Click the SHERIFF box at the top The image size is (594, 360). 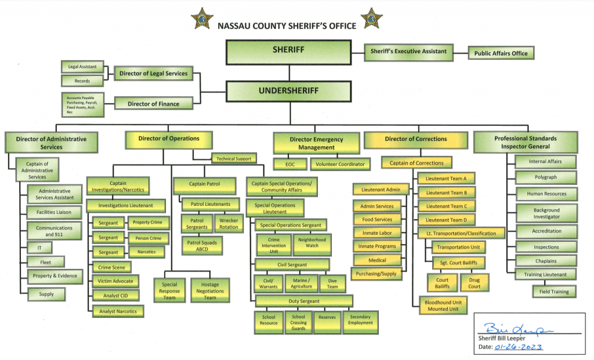(x=289, y=52)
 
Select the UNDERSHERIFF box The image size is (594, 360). (x=289, y=91)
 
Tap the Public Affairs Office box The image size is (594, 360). (x=501, y=53)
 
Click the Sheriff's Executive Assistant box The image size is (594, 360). (x=408, y=52)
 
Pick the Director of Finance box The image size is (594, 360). (x=153, y=104)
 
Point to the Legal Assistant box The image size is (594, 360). (x=82, y=67)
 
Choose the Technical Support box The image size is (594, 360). (x=234, y=159)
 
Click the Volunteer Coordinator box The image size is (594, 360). (x=340, y=164)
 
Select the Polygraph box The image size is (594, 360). (x=546, y=177)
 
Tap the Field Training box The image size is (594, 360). (x=554, y=292)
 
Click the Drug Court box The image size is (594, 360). (x=475, y=283)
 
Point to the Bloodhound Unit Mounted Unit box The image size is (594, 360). (x=443, y=306)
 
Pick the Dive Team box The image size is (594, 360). (x=332, y=284)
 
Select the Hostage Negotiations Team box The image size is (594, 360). (x=210, y=291)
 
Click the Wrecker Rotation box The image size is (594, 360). (x=229, y=223)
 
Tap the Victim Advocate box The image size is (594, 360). (x=115, y=281)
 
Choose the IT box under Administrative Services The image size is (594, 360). (x=39, y=248)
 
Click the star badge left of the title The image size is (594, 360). (x=202, y=19)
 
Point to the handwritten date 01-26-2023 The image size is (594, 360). (x=518, y=347)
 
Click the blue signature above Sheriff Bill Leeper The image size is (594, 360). (x=517, y=329)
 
